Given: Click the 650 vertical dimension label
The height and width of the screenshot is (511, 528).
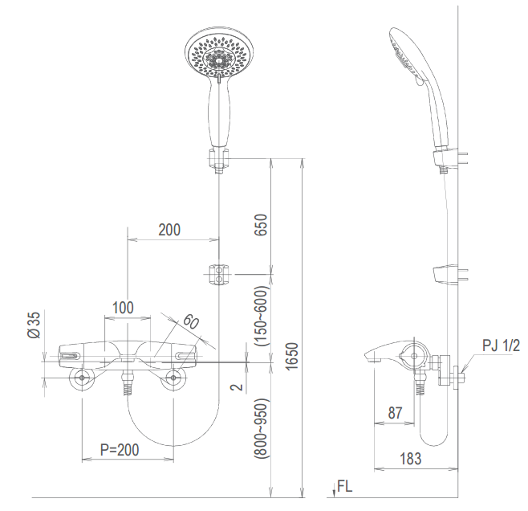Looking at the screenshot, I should (262, 224).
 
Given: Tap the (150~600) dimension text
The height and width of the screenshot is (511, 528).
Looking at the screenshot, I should (262, 316).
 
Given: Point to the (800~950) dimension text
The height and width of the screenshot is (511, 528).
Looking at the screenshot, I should (262, 429).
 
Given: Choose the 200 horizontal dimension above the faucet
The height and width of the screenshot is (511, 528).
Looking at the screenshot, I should (169, 230).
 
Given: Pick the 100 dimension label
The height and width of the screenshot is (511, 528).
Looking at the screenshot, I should (123, 307).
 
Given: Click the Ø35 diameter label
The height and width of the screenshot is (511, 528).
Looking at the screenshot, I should (33, 324).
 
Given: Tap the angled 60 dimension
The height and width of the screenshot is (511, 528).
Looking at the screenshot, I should (190, 323).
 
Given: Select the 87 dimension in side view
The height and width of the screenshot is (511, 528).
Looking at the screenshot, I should (394, 412).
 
